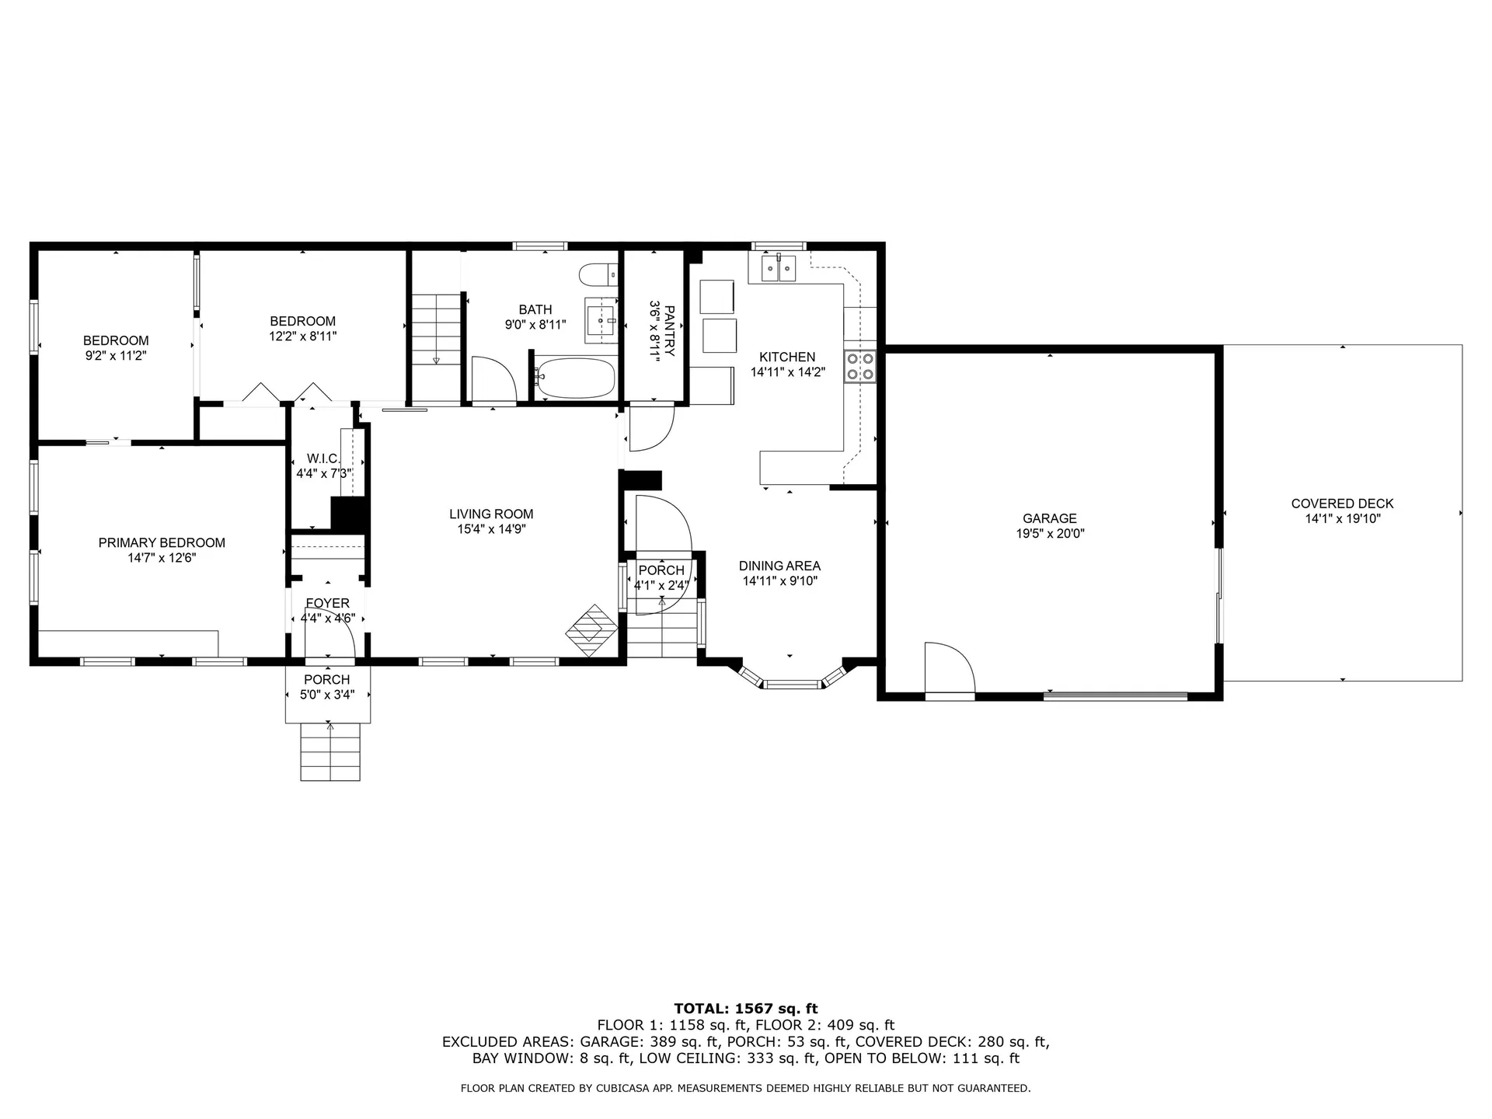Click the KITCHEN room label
[x=787, y=357]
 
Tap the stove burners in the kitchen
[x=860, y=367]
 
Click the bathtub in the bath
[x=575, y=378]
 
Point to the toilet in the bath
[x=597, y=275]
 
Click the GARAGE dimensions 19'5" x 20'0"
[x=1050, y=534]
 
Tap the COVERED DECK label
[x=1342, y=504]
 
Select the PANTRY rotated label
[x=662, y=330]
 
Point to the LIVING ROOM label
[x=491, y=514]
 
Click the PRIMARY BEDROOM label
[x=162, y=542]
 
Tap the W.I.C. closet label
[x=323, y=458]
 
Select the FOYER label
[x=327, y=603]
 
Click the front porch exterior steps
[x=330, y=751]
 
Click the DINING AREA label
[x=779, y=566]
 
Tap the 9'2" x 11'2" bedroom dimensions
[x=116, y=355]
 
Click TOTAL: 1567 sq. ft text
[x=745, y=1009]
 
